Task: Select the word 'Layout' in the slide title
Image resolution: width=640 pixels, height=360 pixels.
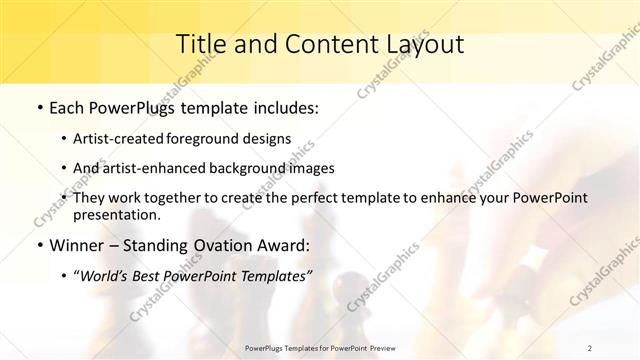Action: click(x=425, y=44)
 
